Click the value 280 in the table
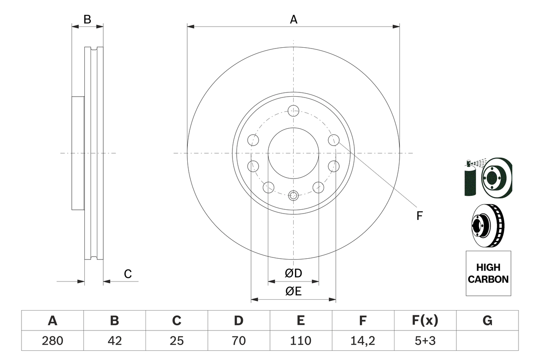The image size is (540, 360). click(x=52, y=341)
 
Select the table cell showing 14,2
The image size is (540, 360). click(x=363, y=341)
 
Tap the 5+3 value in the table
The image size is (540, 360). click(x=425, y=341)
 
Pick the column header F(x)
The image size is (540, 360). click(x=425, y=321)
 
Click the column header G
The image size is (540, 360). click(x=487, y=321)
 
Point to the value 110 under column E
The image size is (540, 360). click(x=301, y=341)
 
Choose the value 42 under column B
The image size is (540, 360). click(x=114, y=341)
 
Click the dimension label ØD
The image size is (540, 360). click(x=294, y=273)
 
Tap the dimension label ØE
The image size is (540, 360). click(x=294, y=292)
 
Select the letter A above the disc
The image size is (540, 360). click(x=294, y=19)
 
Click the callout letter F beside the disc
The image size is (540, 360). click(x=419, y=216)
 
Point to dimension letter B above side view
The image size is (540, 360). click(x=87, y=19)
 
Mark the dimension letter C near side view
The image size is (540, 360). click(x=128, y=274)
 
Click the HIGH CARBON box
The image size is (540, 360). click(x=488, y=273)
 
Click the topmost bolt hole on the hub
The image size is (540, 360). click(x=293, y=111)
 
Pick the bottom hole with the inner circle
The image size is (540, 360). click(x=293, y=195)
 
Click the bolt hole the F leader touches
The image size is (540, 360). click(x=334, y=139)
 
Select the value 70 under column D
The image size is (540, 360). click(x=239, y=341)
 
